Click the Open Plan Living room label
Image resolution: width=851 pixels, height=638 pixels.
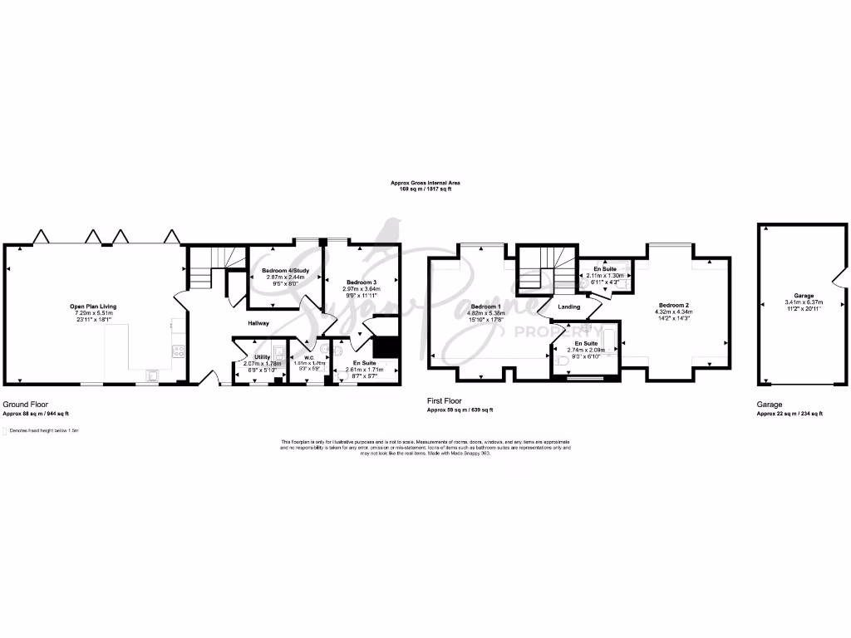(93, 307)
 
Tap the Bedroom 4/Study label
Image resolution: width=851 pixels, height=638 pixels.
(282, 271)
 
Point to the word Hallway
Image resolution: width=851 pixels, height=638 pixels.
(258, 323)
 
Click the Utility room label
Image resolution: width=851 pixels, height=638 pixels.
(250, 356)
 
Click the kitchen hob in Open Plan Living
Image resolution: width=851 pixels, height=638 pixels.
(177, 350)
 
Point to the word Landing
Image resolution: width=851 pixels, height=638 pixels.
(569, 307)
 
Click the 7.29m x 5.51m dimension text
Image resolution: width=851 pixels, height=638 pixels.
(93, 312)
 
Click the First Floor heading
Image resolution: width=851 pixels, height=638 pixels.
(445, 401)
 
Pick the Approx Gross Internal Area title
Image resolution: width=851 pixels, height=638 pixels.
(425, 183)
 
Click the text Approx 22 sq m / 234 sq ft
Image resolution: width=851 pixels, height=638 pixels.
(790, 413)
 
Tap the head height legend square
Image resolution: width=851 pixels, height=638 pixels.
(5, 431)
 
